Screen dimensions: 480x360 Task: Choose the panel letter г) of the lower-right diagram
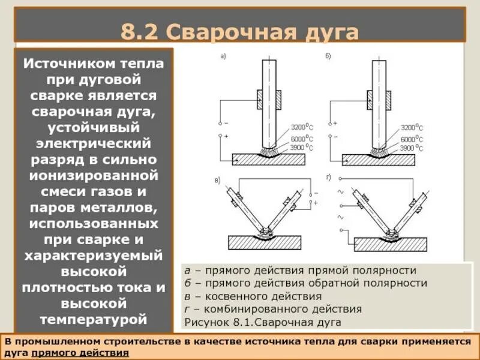tap(328, 178)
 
